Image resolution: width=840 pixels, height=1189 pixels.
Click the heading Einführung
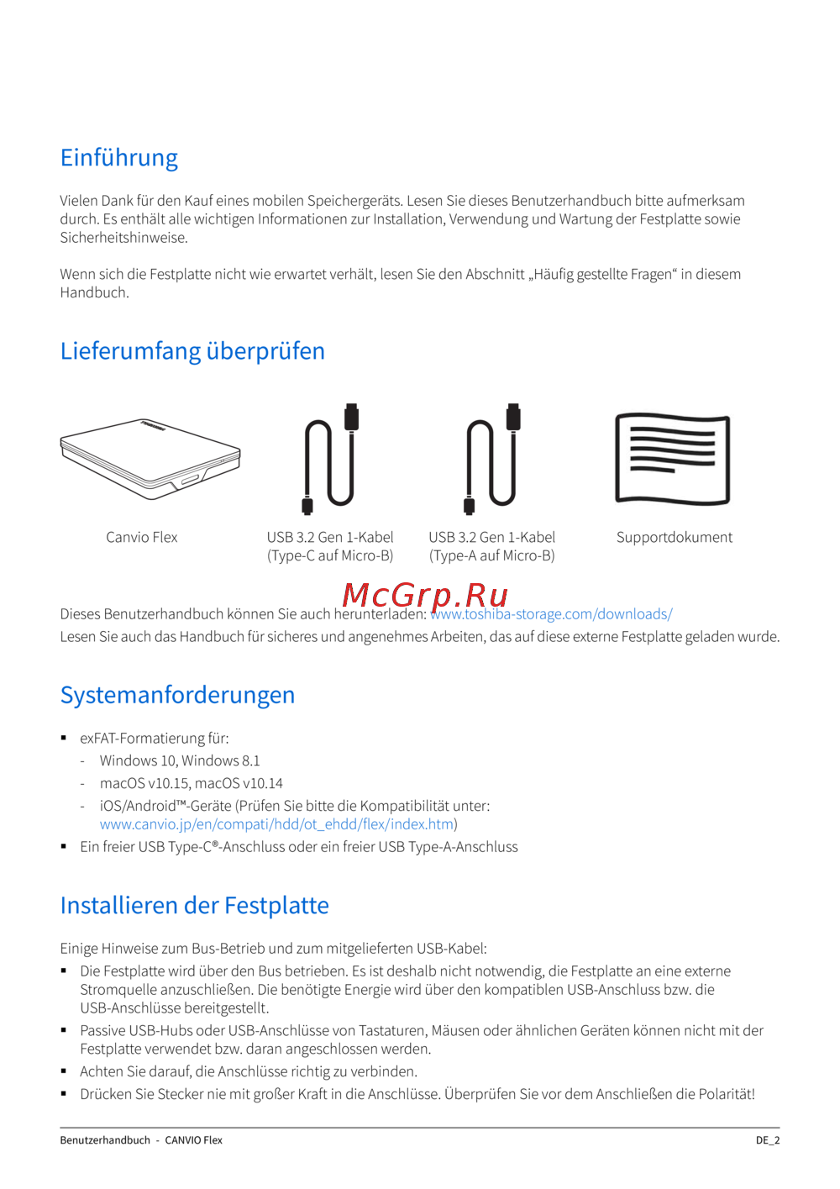click(x=119, y=158)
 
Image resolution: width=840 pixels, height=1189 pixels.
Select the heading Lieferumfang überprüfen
click(x=192, y=351)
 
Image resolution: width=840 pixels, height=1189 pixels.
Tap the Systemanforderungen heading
click(x=177, y=695)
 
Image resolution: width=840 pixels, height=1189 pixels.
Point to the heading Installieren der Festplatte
click(x=194, y=905)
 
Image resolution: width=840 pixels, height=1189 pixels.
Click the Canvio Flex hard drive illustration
click(x=150, y=458)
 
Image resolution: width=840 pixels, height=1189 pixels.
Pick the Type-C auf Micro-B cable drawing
click(x=330, y=458)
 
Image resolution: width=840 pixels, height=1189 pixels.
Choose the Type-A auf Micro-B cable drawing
click(x=492, y=458)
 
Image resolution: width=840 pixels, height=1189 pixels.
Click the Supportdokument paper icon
click(x=672, y=459)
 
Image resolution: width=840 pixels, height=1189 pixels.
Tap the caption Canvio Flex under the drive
click(x=141, y=537)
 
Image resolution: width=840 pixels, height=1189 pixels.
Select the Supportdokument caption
click(x=674, y=537)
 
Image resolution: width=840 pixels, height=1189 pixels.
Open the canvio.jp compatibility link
click(x=276, y=824)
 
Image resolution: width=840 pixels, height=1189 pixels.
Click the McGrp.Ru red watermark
click(x=425, y=595)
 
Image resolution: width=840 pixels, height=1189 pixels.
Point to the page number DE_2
click(x=767, y=1140)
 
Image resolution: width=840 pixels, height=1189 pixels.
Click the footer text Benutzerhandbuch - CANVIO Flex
click(x=141, y=1140)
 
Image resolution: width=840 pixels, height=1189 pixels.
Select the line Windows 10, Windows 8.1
click(x=180, y=760)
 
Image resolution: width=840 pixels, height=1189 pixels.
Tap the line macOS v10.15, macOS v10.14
click(x=191, y=783)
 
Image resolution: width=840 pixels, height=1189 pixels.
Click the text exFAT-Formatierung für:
click(x=154, y=738)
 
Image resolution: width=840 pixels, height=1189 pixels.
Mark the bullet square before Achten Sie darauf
click(x=64, y=1071)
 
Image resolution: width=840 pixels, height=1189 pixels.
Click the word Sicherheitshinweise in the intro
click(x=123, y=238)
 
